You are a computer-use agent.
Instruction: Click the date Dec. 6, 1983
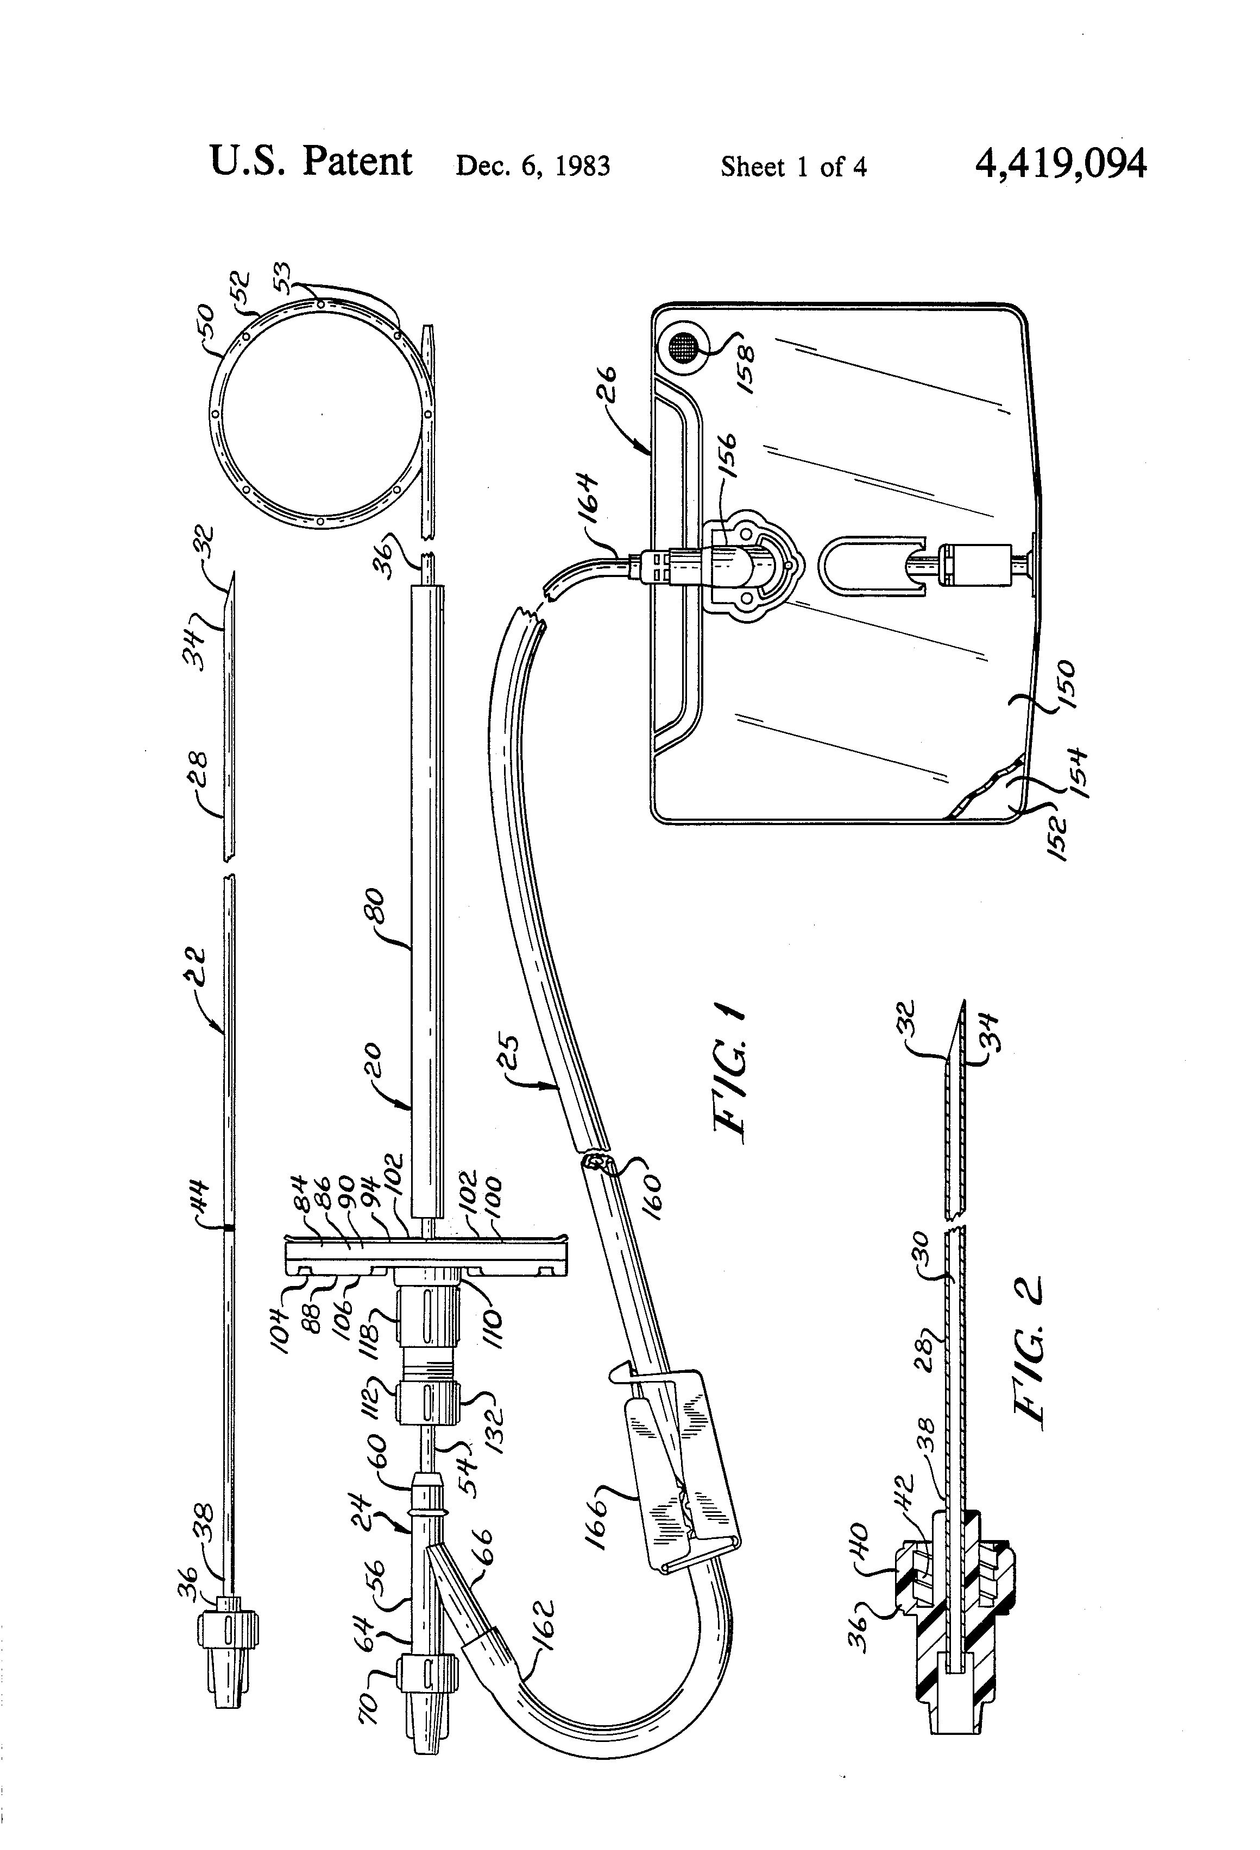pos(532,166)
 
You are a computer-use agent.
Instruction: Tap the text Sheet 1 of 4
pos(793,166)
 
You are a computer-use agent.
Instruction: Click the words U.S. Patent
pos(311,162)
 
